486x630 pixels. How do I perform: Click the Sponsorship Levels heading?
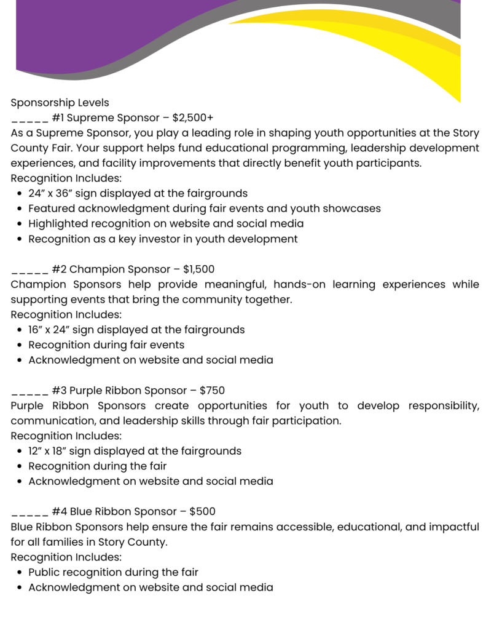(x=60, y=103)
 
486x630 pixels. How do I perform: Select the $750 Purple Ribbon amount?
(x=212, y=391)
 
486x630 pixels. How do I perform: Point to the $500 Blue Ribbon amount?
(x=202, y=512)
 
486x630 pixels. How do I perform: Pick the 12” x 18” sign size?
(x=54, y=451)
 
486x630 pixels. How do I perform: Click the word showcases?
(x=353, y=209)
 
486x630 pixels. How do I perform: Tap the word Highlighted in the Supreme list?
(x=57, y=224)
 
